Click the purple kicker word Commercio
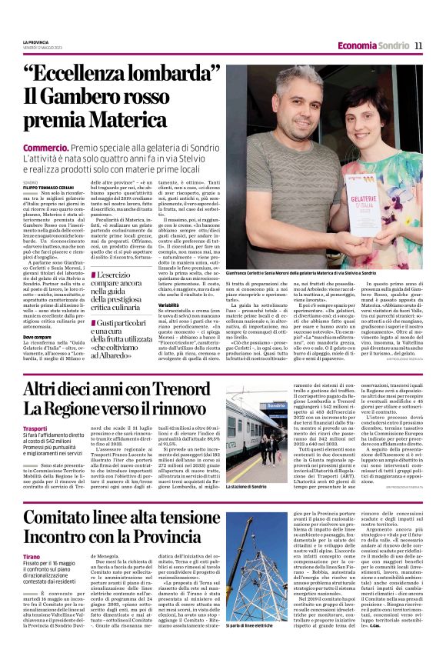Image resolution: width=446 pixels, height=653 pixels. click(x=46, y=146)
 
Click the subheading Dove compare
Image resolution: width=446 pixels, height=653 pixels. click(x=38, y=337)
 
